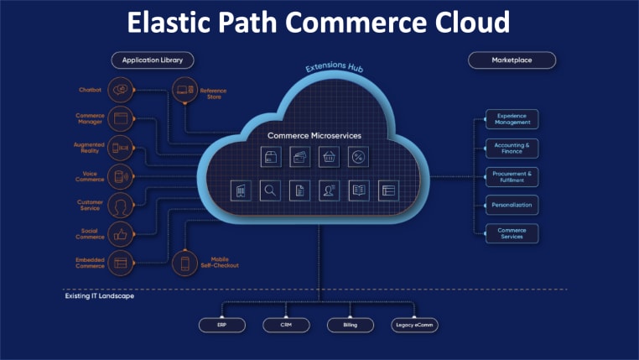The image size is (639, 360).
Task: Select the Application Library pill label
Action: pyautogui.click(x=153, y=60)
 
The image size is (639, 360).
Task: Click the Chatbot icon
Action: pyautogui.click(x=121, y=89)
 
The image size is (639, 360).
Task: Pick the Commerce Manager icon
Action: pyautogui.click(x=121, y=118)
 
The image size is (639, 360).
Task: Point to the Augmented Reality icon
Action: pyautogui.click(x=121, y=148)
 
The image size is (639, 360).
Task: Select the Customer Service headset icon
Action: pyautogui.click(x=121, y=206)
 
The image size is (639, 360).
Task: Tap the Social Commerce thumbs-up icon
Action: pyautogui.click(x=121, y=235)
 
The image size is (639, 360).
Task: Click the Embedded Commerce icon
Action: pyautogui.click(x=121, y=263)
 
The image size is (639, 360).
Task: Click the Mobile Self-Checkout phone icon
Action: pyautogui.click(x=184, y=263)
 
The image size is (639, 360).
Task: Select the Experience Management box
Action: pyautogui.click(x=512, y=119)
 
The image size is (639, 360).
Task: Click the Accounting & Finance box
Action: pyautogui.click(x=512, y=148)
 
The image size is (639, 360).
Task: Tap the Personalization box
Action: pyautogui.click(x=512, y=204)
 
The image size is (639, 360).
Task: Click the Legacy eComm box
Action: pyautogui.click(x=414, y=324)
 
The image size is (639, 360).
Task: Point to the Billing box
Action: pyautogui.click(x=350, y=324)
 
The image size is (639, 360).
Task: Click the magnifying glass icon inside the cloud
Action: pyautogui.click(x=270, y=190)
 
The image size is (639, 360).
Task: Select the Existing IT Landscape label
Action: pyautogui.click(x=100, y=295)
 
